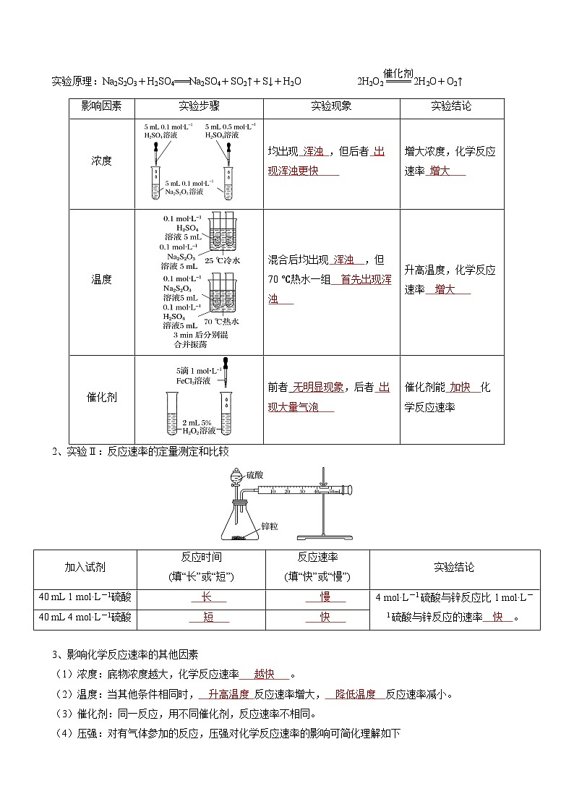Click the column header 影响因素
[101, 106]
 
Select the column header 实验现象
[331, 106]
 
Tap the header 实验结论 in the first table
[451, 106]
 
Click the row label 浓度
[101, 161]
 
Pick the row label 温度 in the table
[101, 279]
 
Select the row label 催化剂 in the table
[101, 397]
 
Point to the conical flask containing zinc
[239, 521]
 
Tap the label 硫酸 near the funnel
[255, 475]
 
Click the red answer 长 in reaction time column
[205, 598]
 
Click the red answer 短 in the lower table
[208, 617]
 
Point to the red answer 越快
[264, 675]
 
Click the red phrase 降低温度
[355, 694]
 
